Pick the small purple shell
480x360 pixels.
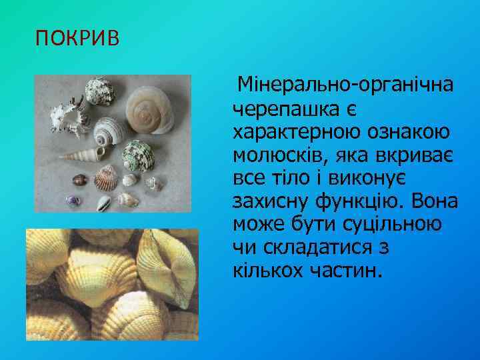click(72, 199)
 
